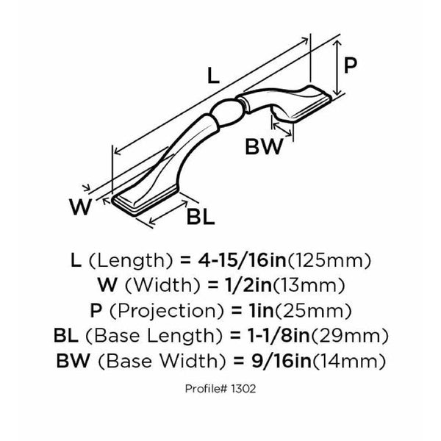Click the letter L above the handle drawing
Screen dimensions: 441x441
pyautogui.click(x=213, y=76)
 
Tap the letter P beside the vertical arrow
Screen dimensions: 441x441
pyautogui.click(x=350, y=65)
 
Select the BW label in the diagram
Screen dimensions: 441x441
pyautogui.click(x=264, y=146)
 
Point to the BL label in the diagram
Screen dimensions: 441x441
pyautogui.click(x=201, y=217)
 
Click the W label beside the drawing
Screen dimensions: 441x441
pyautogui.click(x=80, y=207)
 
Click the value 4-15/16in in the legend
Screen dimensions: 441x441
pyautogui.click(x=242, y=260)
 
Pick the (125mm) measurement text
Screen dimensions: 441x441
pyautogui.click(x=329, y=261)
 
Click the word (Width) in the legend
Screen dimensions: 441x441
pyautogui.click(x=162, y=286)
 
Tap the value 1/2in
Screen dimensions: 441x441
pyautogui.click(x=248, y=285)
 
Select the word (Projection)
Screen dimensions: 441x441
pyautogui.click(x=166, y=311)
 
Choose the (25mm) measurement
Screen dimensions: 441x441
pyautogui.click(x=312, y=311)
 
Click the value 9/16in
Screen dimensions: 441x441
pyautogui.click(x=282, y=361)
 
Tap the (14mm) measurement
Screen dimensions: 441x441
pyautogui.click(x=348, y=362)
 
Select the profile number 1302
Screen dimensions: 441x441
pyautogui.click(x=243, y=389)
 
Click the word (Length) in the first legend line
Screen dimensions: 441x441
pyautogui.click(x=131, y=261)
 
